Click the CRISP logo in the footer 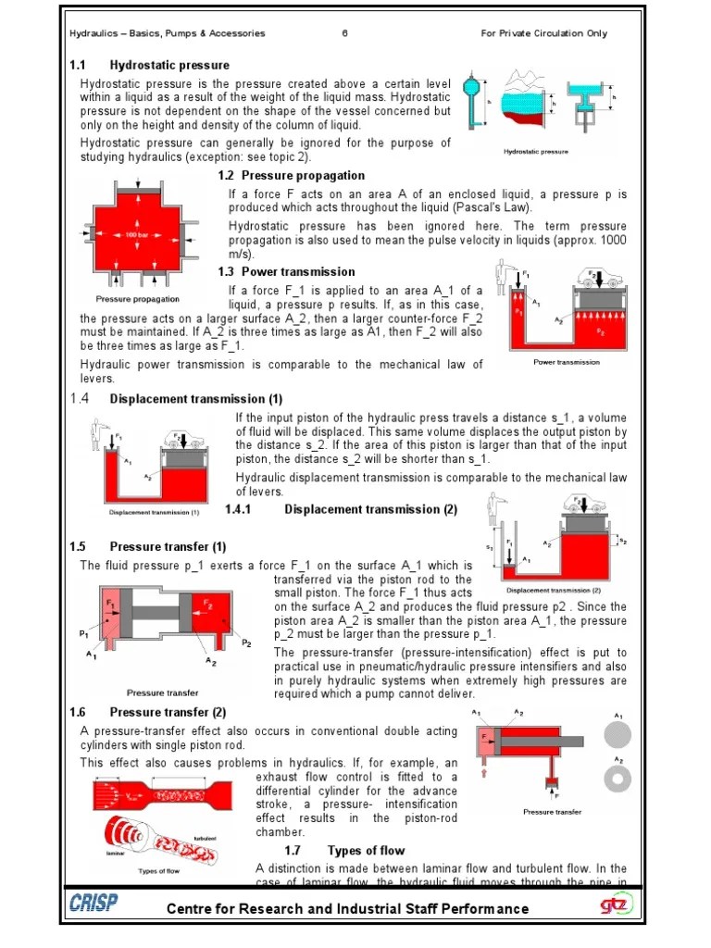pos(93,904)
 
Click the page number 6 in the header pos(344,34)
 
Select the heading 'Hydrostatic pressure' pos(169,66)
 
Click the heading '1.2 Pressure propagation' pos(292,176)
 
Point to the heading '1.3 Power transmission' pos(286,272)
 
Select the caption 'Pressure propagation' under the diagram pos(138,299)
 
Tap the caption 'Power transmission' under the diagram pos(566,362)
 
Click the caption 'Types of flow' pos(157,871)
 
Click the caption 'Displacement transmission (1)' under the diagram pos(155,512)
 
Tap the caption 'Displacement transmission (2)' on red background pos(553,590)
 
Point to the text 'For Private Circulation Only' pos(543,34)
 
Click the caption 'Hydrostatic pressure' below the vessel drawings pos(535,151)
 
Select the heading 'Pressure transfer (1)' pos(168,547)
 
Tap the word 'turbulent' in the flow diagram pos(205,838)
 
